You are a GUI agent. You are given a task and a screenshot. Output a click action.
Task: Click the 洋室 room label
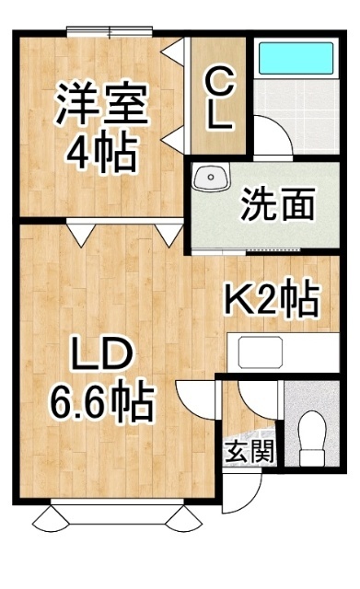pos(102,104)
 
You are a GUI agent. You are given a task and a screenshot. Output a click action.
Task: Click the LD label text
pos(101,353)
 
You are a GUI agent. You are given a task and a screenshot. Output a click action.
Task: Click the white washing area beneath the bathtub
pos(296,106)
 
